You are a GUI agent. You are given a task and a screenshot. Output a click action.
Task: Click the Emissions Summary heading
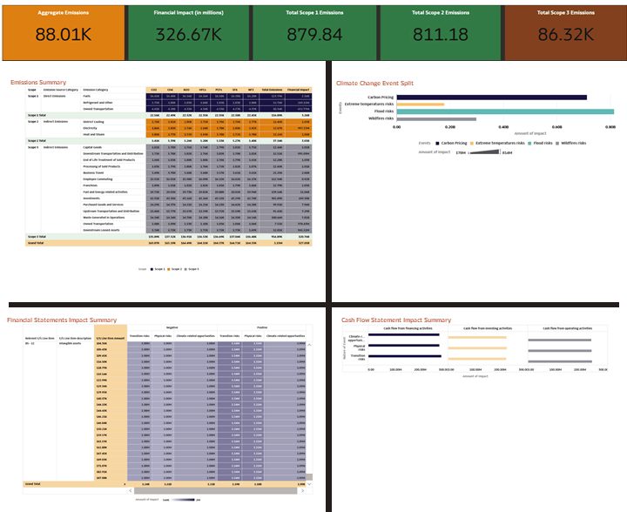(38, 82)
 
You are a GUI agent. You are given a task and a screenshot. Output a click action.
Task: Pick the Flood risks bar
(505, 111)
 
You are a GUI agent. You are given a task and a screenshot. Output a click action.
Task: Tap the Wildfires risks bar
(436, 118)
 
